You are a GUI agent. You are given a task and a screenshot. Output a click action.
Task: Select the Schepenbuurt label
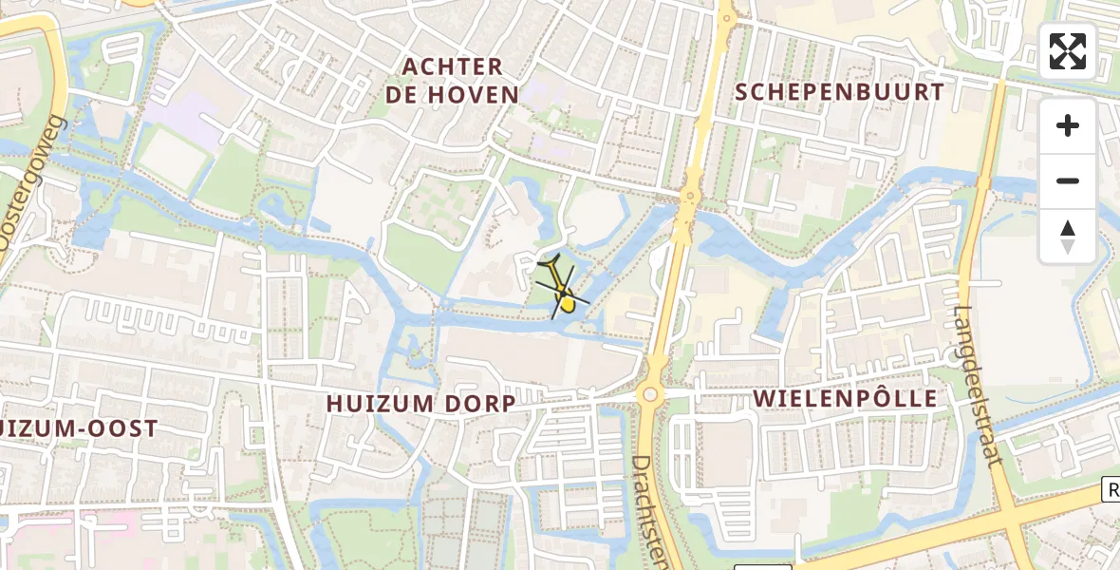839,92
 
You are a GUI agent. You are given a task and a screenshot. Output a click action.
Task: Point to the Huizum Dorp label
421,404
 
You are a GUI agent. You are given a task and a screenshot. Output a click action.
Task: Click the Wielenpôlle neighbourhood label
845,399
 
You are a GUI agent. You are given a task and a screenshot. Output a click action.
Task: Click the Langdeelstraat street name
978,385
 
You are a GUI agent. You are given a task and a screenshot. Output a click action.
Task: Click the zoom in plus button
1068,126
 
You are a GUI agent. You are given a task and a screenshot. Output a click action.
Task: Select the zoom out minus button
1068,181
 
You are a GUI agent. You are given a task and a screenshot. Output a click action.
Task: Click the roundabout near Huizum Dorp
650,393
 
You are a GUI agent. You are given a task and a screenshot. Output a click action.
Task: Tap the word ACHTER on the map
452,66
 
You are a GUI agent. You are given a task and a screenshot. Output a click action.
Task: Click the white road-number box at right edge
1111,489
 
